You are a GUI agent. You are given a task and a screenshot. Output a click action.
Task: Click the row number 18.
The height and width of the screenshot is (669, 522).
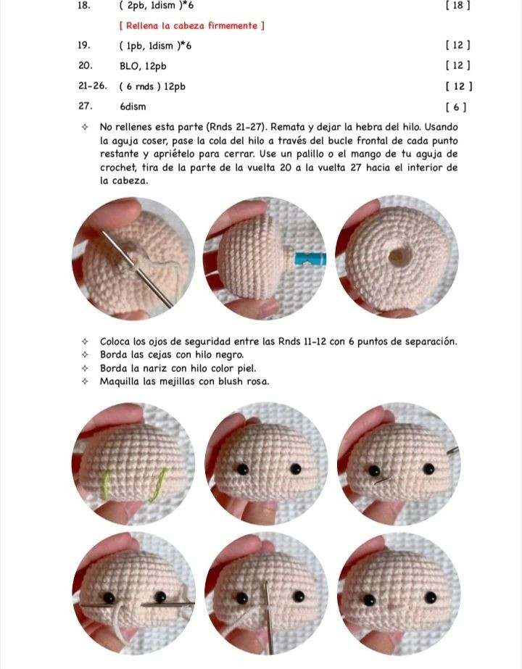coord(83,6)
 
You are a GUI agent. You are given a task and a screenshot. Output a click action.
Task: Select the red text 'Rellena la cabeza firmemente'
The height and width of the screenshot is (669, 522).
coord(191,26)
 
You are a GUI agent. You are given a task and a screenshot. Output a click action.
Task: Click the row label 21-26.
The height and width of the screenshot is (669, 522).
coord(92,86)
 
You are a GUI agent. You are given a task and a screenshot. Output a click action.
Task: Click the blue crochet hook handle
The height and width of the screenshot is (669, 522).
coord(310,258)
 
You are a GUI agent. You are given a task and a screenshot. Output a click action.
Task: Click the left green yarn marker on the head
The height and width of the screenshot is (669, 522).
coord(108,484)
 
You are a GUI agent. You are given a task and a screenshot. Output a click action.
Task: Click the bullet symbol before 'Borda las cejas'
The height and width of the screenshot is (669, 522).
coord(86,354)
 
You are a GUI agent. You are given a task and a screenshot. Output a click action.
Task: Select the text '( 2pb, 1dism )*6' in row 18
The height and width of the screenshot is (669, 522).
coord(156,6)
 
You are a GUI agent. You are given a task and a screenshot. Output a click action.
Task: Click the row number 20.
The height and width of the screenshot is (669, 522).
coord(83,66)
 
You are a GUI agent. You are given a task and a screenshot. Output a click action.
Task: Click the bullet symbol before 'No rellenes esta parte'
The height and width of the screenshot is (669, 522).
coord(86,126)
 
